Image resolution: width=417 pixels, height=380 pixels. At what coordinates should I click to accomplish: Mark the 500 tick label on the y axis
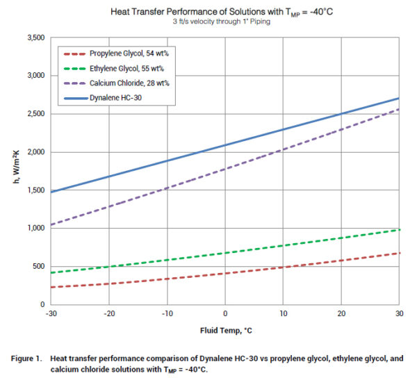[38, 267]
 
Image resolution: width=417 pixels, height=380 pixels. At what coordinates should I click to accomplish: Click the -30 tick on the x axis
[51, 314]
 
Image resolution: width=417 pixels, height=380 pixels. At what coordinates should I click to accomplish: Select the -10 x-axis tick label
[167, 314]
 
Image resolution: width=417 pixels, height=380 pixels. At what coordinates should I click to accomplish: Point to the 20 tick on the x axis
[341, 314]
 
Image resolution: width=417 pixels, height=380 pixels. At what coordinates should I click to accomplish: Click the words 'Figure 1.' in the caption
[29, 358]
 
